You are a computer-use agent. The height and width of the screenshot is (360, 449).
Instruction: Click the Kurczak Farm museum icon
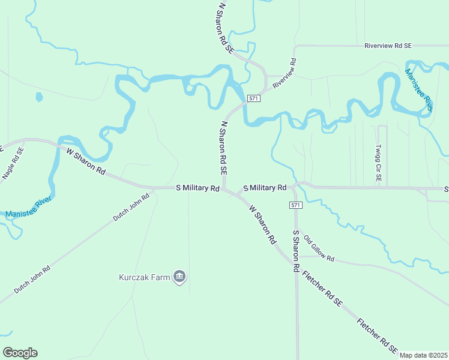pyautogui.click(x=179, y=277)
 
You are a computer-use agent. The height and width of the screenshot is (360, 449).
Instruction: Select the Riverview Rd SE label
pyautogui.click(x=388, y=46)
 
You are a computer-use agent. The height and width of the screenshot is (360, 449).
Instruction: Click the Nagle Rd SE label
pyautogui.click(x=12, y=163)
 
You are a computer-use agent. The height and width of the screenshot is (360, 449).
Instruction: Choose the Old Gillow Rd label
pyautogui.click(x=319, y=248)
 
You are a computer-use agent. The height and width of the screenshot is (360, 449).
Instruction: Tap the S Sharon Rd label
pyautogui.click(x=295, y=251)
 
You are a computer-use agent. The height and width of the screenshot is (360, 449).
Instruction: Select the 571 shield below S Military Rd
pyautogui.click(x=295, y=205)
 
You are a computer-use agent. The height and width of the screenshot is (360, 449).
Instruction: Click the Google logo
pyautogui.click(x=20, y=353)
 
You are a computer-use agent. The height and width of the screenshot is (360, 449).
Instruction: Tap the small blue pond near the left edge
pyautogui.click(x=40, y=96)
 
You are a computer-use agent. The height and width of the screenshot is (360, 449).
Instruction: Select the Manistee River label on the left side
pyautogui.click(x=29, y=205)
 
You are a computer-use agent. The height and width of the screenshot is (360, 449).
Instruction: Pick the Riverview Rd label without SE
pyautogui.click(x=285, y=74)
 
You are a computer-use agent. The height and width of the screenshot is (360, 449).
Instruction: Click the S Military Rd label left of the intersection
pyautogui.click(x=197, y=188)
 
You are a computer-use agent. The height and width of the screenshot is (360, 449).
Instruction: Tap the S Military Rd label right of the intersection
pyautogui.click(x=265, y=188)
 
